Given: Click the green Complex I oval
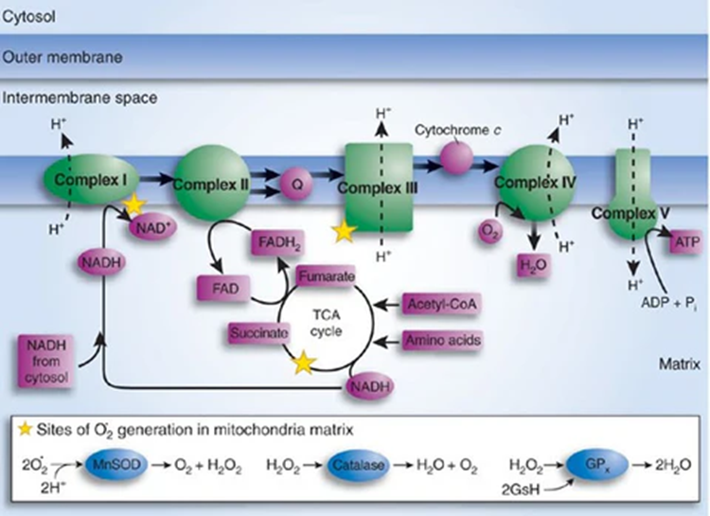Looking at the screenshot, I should (x=88, y=179).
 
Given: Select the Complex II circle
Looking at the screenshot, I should (x=211, y=180).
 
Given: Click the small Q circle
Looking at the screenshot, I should (x=296, y=186).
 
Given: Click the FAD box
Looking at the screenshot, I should (x=222, y=284).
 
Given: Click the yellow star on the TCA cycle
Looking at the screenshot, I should (x=302, y=361).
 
